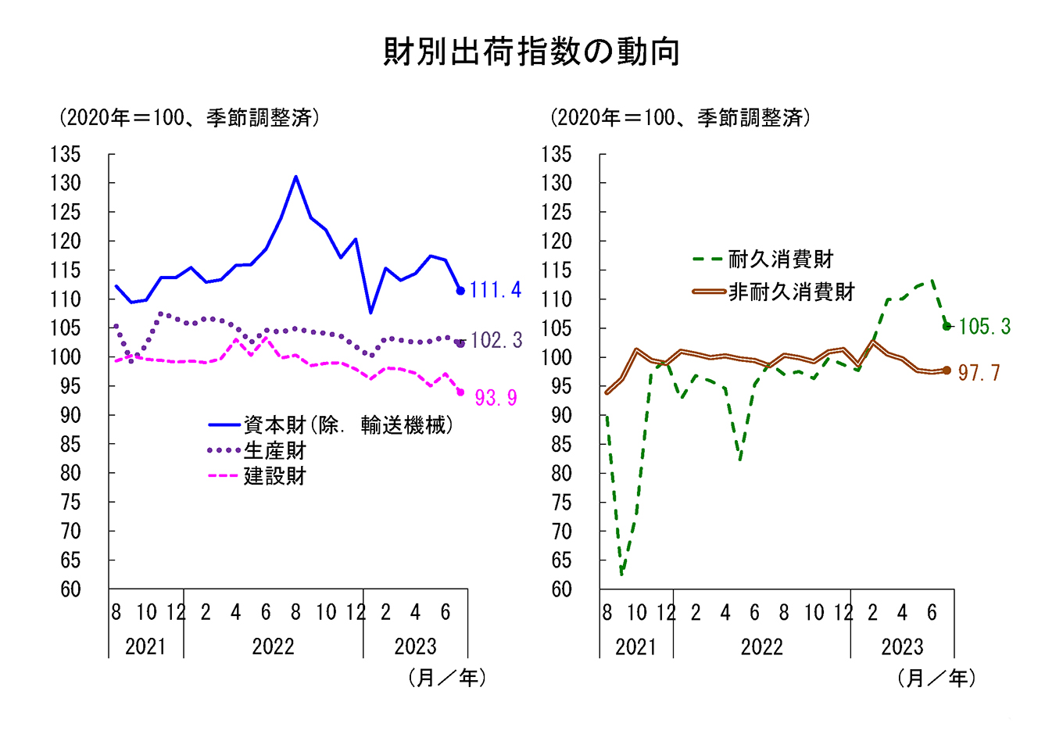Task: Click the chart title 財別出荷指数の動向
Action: (x=531, y=52)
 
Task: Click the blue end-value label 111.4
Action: (x=495, y=290)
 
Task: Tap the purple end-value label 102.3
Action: (x=496, y=340)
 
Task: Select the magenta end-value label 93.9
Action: (x=496, y=398)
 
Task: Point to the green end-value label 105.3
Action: (x=984, y=327)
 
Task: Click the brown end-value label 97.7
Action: (x=979, y=373)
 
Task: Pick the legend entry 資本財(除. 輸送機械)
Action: (x=348, y=425)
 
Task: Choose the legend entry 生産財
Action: (x=274, y=451)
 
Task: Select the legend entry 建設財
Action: (x=274, y=476)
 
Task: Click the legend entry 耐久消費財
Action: (x=780, y=259)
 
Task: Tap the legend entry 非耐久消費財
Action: (x=791, y=292)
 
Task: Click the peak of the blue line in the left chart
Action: (x=296, y=177)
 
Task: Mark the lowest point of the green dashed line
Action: (x=621, y=575)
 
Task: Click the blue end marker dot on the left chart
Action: (x=460, y=291)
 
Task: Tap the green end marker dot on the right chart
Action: (x=947, y=326)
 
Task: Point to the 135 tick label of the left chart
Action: (x=66, y=155)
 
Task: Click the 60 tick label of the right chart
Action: (x=561, y=589)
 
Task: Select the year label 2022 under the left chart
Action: (x=273, y=646)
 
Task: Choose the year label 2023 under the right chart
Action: (x=902, y=647)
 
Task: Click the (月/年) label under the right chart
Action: (x=936, y=678)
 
